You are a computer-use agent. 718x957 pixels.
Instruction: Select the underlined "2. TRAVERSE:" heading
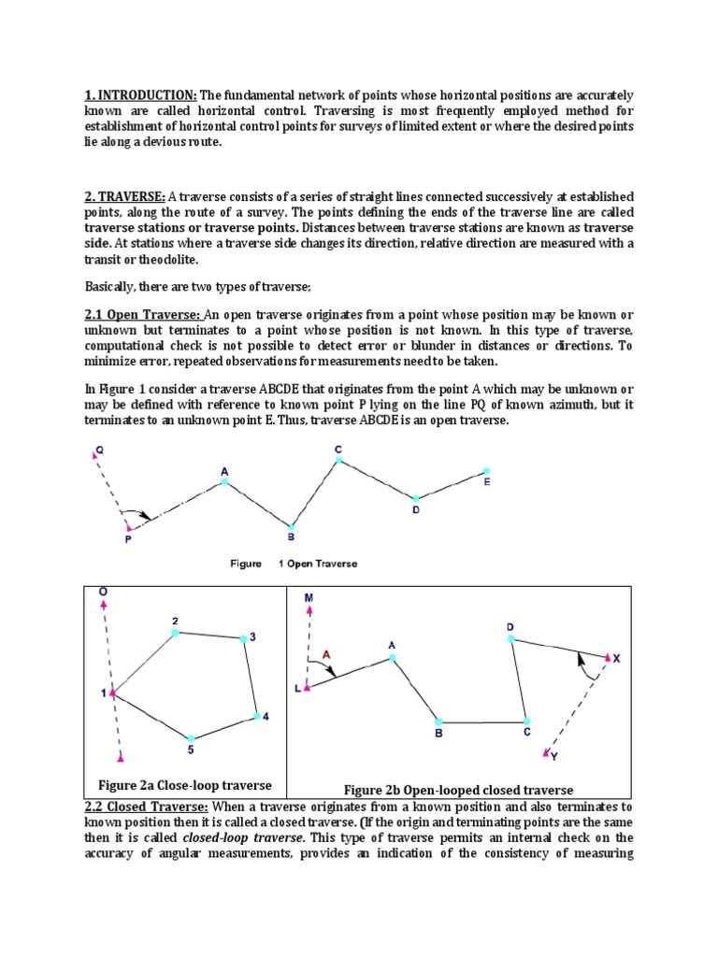point(124,196)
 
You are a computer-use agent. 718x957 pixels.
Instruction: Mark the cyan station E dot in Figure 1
point(485,471)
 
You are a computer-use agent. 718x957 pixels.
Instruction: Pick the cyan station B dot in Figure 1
point(291,527)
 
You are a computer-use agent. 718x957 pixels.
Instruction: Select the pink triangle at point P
point(128,528)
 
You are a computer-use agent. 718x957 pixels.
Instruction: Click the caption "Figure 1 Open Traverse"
point(294,564)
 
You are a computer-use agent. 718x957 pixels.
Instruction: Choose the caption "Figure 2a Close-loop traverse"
point(184,784)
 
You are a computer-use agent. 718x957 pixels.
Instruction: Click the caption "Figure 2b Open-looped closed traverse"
point(458,790)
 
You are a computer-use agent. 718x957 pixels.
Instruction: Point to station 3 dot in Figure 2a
point(242,638)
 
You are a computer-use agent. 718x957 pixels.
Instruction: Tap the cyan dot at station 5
point(191,738)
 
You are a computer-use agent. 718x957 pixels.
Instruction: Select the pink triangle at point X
point(607,658)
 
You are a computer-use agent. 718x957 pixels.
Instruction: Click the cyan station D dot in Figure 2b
point(510,638)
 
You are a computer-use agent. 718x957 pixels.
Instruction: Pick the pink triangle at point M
point(309,609)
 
